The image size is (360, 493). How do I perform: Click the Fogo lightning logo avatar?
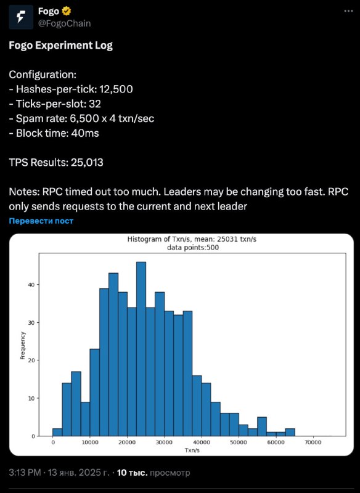(21, 17)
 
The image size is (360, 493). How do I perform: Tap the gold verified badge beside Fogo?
(67, 11)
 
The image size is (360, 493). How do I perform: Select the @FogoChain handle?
(65, 23)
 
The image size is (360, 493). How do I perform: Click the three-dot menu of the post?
(348, 11)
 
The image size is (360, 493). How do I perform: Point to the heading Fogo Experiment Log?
(60, 46)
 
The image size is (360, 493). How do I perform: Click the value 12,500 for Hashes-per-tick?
(116, 89)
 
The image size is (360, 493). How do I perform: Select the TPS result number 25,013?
(87, 163)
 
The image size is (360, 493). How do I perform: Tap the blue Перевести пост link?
(41, 221)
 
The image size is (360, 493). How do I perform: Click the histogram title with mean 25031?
(192, 239)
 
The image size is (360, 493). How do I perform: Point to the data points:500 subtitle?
(193, 248)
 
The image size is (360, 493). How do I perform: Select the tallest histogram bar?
(141, 349)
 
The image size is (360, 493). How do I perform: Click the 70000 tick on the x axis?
(313, 442)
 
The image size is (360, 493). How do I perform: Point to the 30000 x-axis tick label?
(164, 442)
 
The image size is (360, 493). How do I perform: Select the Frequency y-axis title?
(23, 345)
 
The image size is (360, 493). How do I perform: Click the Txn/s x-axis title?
(192, 450)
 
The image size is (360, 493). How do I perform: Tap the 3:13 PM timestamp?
(25, 473)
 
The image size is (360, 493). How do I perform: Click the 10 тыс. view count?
(132, 473)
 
